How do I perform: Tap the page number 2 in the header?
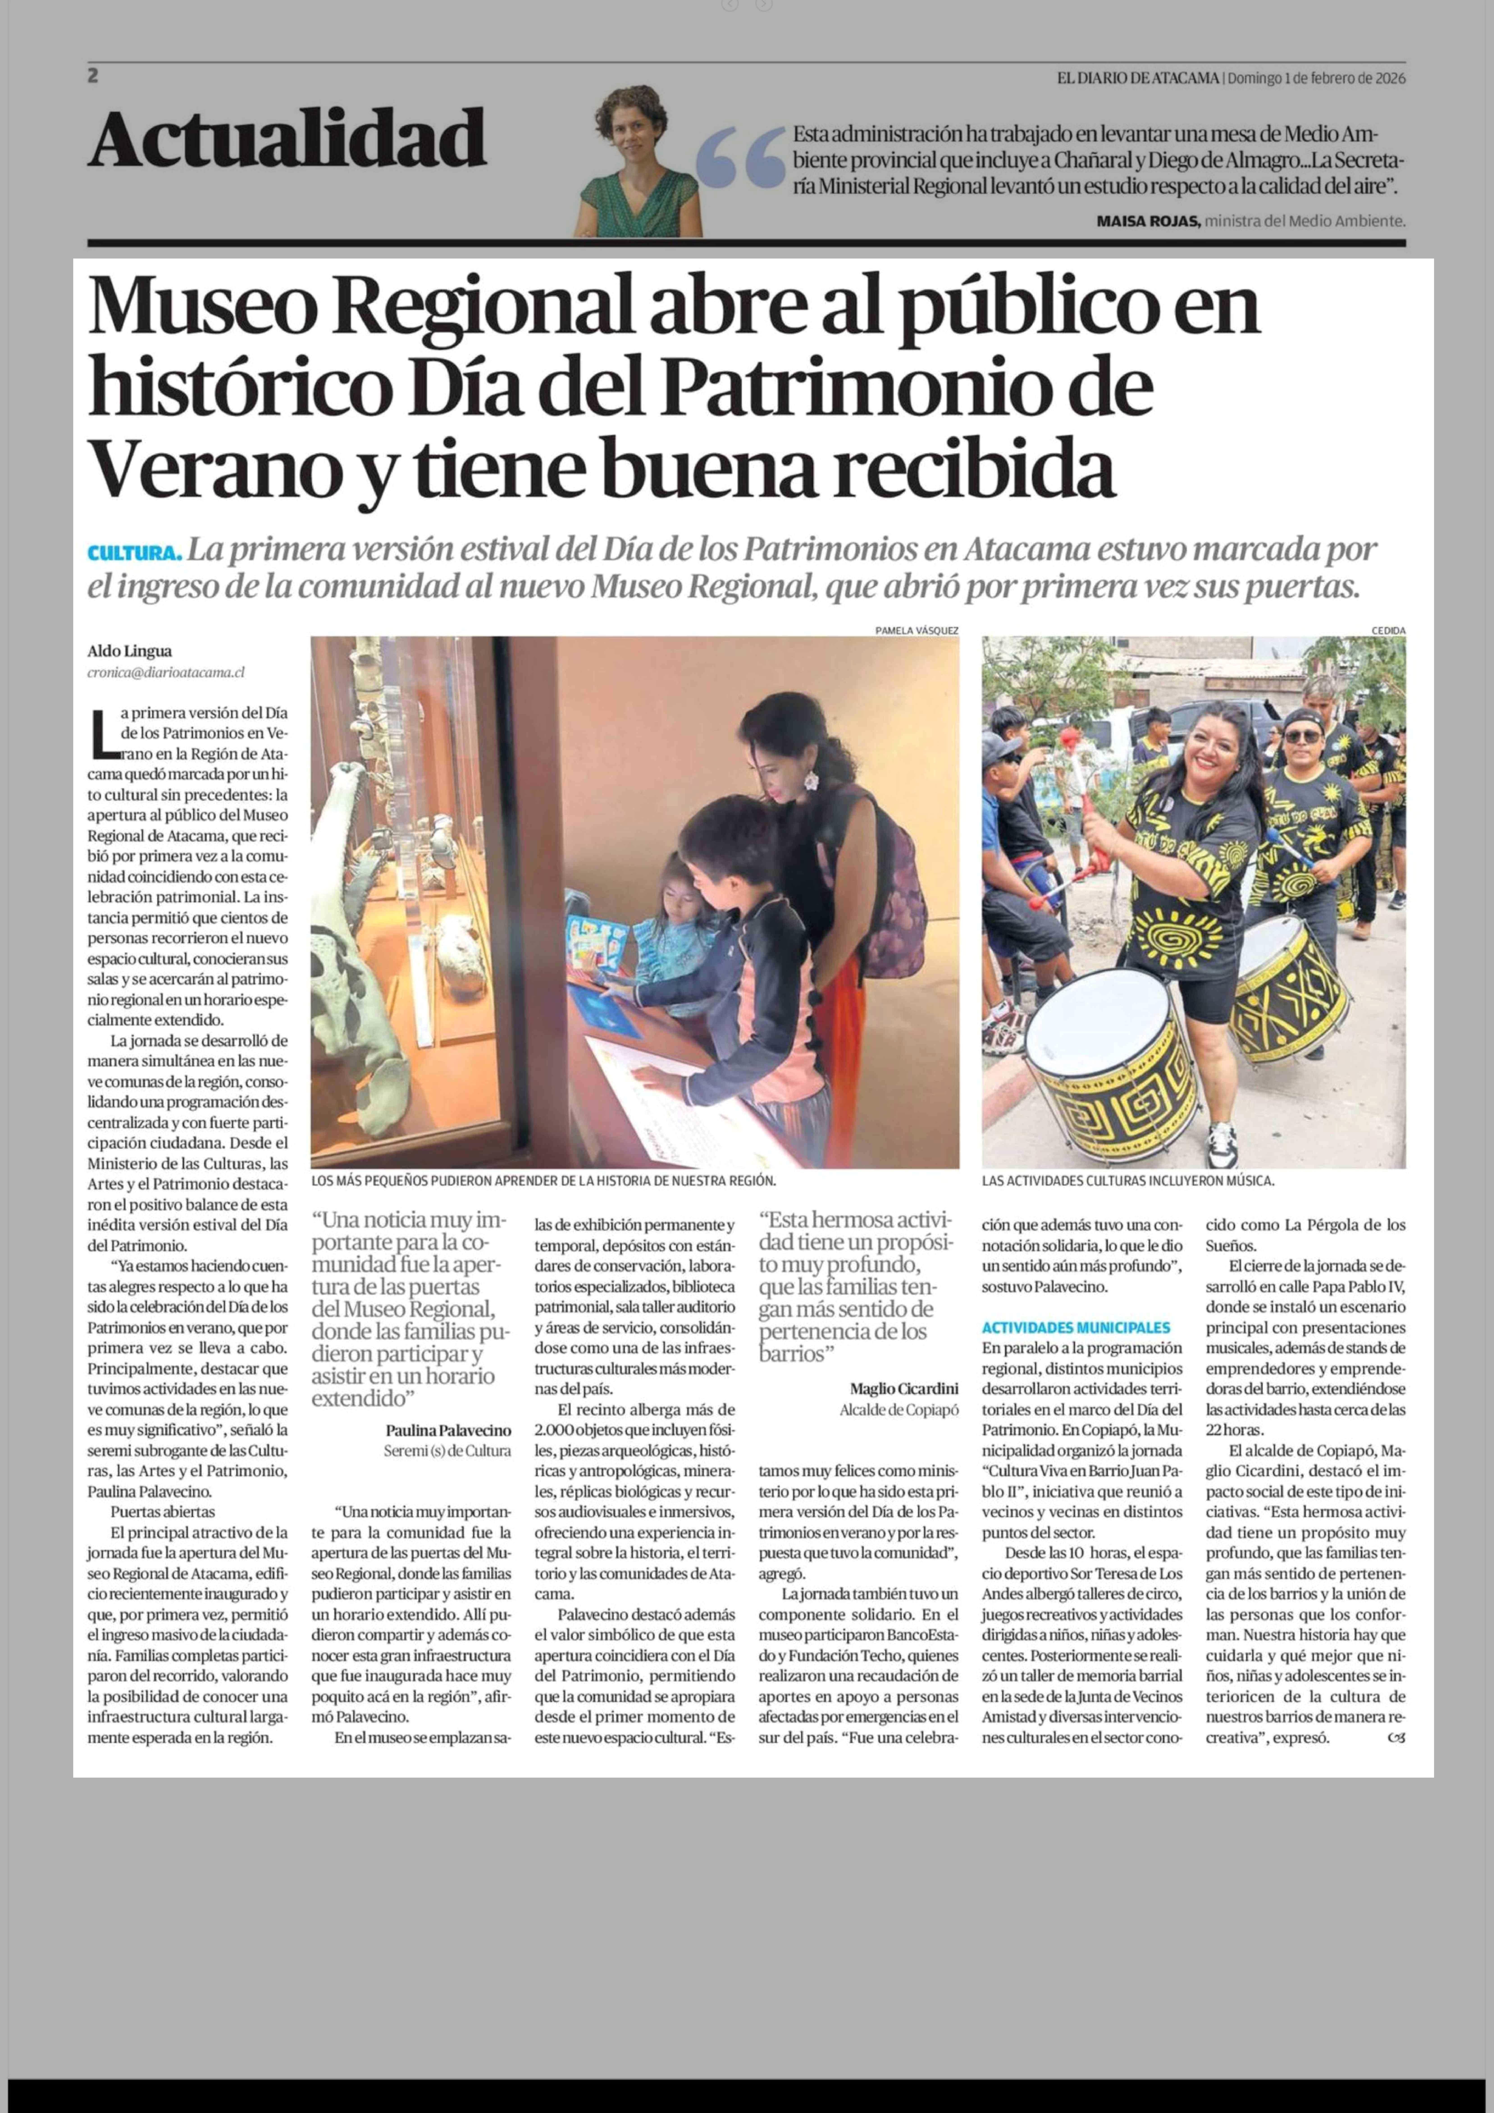93,76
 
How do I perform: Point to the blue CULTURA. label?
133,553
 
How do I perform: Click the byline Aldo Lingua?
130,651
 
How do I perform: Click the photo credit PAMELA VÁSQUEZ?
916,630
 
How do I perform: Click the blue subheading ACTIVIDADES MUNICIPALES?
1075,1327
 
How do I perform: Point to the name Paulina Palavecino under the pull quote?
448,1431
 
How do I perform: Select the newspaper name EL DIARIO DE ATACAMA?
1138,78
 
